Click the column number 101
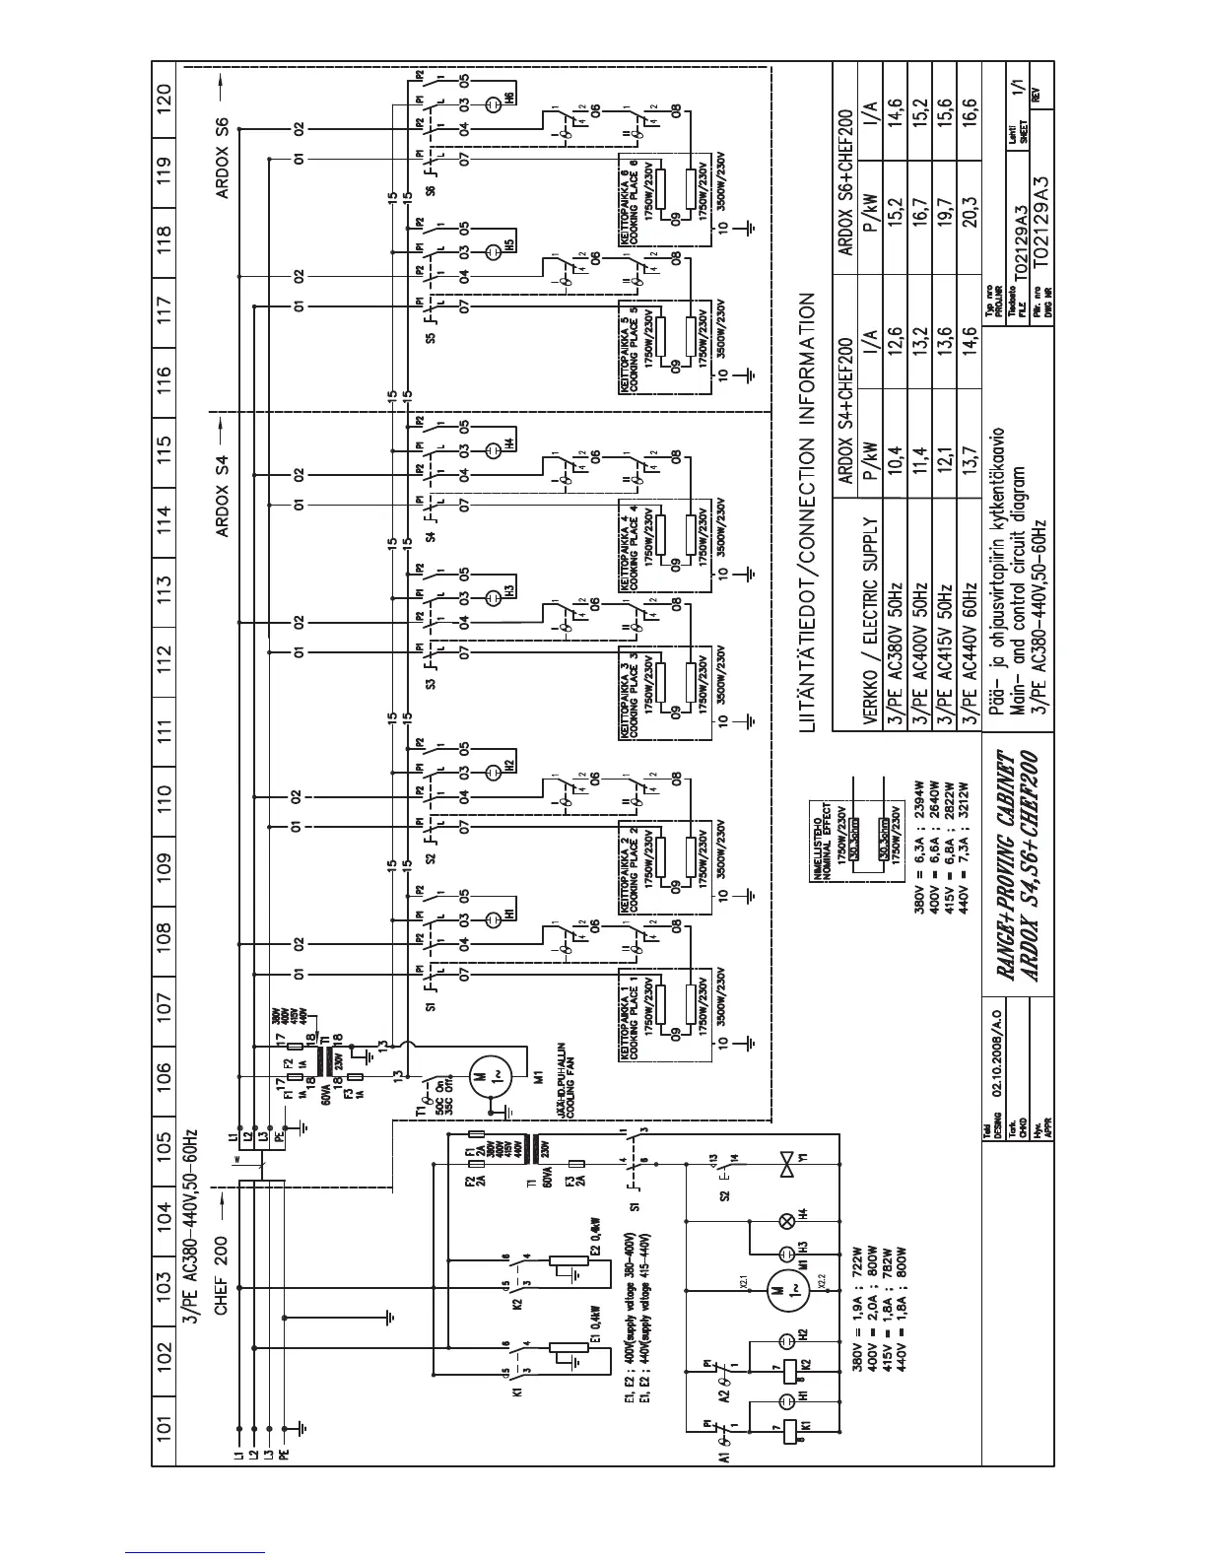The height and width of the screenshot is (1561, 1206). point(165,1422)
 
